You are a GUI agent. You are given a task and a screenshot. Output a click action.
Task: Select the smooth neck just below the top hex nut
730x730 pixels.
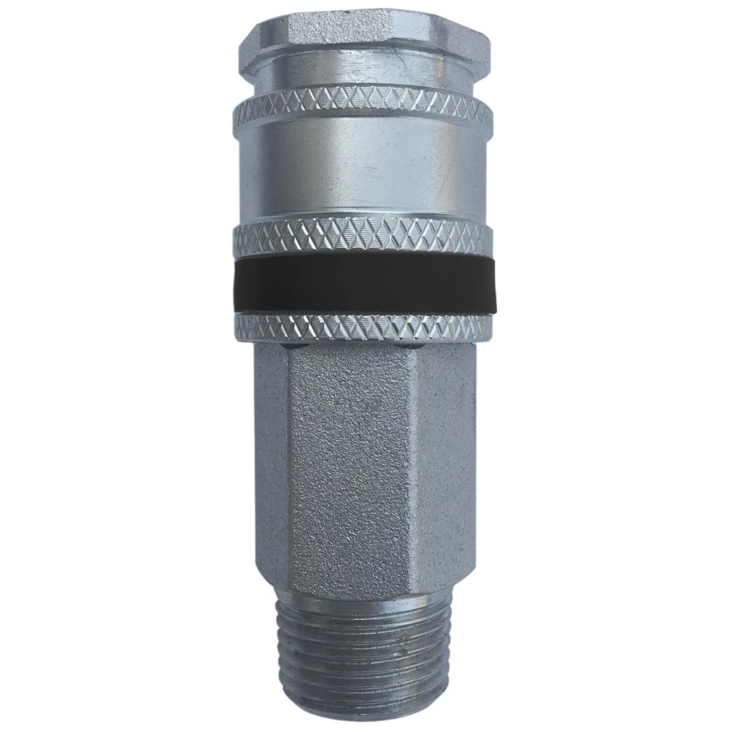tap(365, 73)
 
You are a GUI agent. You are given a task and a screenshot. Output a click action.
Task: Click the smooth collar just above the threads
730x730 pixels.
tap(365, 603)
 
